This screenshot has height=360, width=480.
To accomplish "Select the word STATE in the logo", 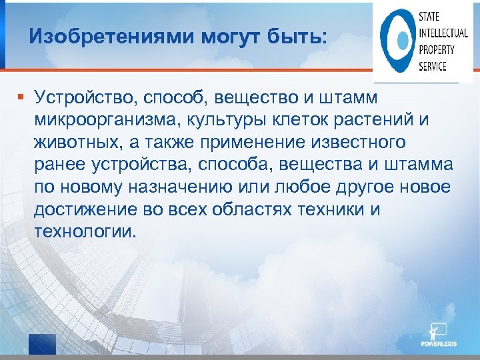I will coord(429,18).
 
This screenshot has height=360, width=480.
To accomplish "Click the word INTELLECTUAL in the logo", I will coord(443,34).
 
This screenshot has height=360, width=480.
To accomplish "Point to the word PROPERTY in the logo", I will coord(437,50).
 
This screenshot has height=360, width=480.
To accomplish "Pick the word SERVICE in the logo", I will coord(433,66).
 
